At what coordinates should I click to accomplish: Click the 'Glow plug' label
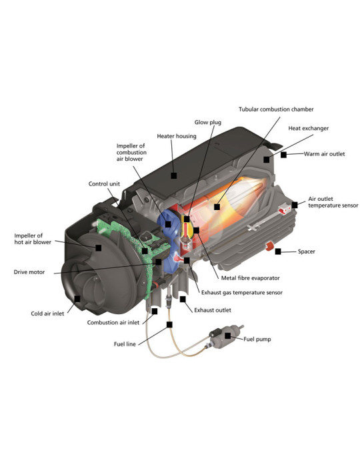click(208, 122)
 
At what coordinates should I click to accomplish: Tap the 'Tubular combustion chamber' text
click(276, 109)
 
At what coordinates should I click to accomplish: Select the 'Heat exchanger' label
click(309, 128)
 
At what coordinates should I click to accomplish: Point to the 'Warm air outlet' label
click(324, 154)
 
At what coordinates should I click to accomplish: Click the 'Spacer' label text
click(307, 252)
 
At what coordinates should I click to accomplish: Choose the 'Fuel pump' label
click(257, 339)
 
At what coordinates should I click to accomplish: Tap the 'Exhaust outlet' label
click(213, 310)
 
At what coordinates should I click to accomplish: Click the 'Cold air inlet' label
click(47, 314)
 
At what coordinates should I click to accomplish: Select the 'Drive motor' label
click(29, 272)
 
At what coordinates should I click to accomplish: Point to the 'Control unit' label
click(104, 183)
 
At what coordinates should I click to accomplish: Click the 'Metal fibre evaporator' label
click(250, 278)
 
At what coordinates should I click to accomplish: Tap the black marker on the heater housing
click(174, 175)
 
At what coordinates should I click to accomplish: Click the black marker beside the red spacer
click(278, 252)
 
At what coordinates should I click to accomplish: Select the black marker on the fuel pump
click(227, 336)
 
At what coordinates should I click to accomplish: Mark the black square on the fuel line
click(169, 325)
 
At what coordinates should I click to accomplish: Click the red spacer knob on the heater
click(269, 246)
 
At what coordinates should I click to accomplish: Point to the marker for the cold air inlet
click(77, 299)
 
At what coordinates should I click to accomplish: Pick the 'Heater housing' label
click(177, 136)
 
